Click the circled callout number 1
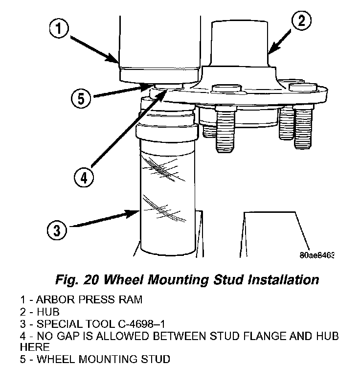point(58,29)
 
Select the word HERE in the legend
point(35,347)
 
